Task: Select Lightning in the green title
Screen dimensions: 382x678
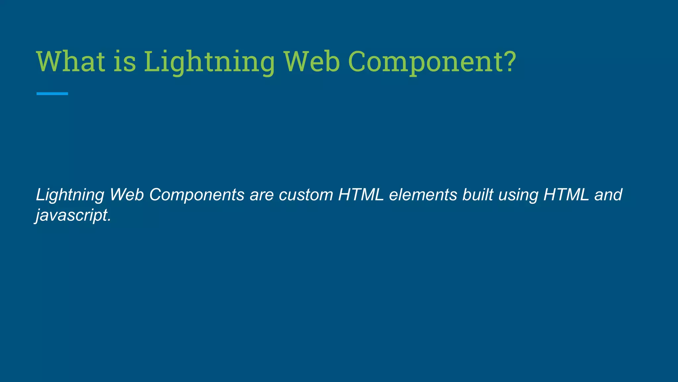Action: point(209,62)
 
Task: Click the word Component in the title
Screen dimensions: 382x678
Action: point(424,62)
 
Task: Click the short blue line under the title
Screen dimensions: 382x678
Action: point(52,94)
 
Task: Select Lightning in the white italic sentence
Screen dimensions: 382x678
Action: point(70,195)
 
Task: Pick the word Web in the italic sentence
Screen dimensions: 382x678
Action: point(127,195)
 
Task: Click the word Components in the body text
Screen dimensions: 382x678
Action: point(197,195)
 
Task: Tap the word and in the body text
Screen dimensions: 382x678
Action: point(608,195)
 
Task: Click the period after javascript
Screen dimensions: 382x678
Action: point(109,221)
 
